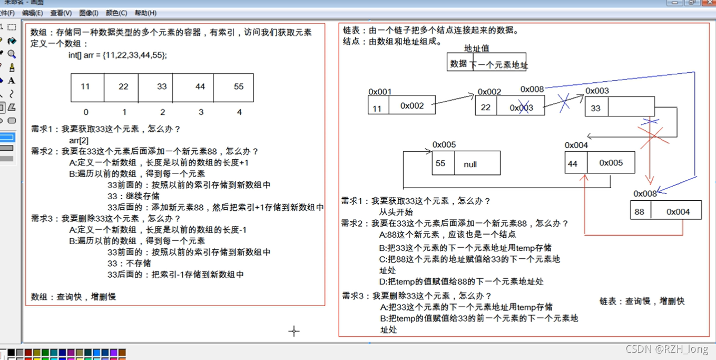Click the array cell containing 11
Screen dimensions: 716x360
(x=85, y=87)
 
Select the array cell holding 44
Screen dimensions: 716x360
(x=200, y=87)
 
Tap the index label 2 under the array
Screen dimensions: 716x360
(x=162, y=112)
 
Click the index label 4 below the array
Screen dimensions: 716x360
(x=239, y=112)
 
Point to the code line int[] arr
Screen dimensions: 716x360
(x=117, y=55)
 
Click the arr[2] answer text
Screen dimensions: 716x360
(x=79, y=140)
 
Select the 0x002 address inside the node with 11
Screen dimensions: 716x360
(x=412, y=106)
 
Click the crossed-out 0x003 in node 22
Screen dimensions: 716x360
(x=521, y=108)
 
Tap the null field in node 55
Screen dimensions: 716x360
(x=470, y=164)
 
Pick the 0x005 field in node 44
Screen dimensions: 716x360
(x=611, y=163)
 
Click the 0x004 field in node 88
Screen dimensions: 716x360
(x=678, y=212)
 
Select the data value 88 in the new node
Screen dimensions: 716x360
(x=639, y=212)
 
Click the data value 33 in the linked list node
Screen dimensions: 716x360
(x=595, y=108)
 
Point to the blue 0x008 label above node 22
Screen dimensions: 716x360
(x=532, y=90)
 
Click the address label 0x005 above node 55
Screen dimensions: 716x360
(x=444, y=145)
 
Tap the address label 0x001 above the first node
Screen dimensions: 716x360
(x=380, y=92)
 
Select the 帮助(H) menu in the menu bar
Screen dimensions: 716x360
(x=145, y=13)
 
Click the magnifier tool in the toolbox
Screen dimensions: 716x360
(x=12, y=54)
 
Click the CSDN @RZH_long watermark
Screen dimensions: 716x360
(x=666, y=349)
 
